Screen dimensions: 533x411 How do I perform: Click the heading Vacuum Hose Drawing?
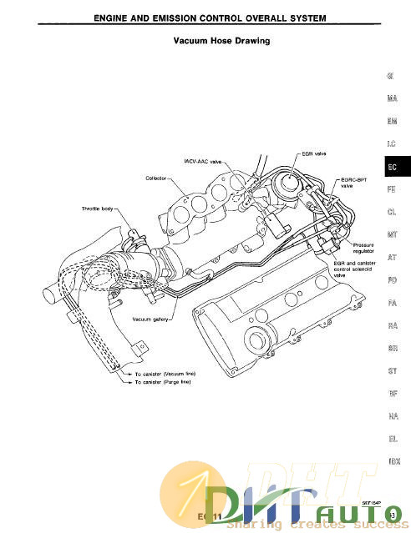pos(221,40)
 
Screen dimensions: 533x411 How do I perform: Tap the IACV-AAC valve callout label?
pos(202,162)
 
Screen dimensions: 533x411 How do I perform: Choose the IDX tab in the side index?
pos(391,461)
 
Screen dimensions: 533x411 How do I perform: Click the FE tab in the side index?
pos(391,190)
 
